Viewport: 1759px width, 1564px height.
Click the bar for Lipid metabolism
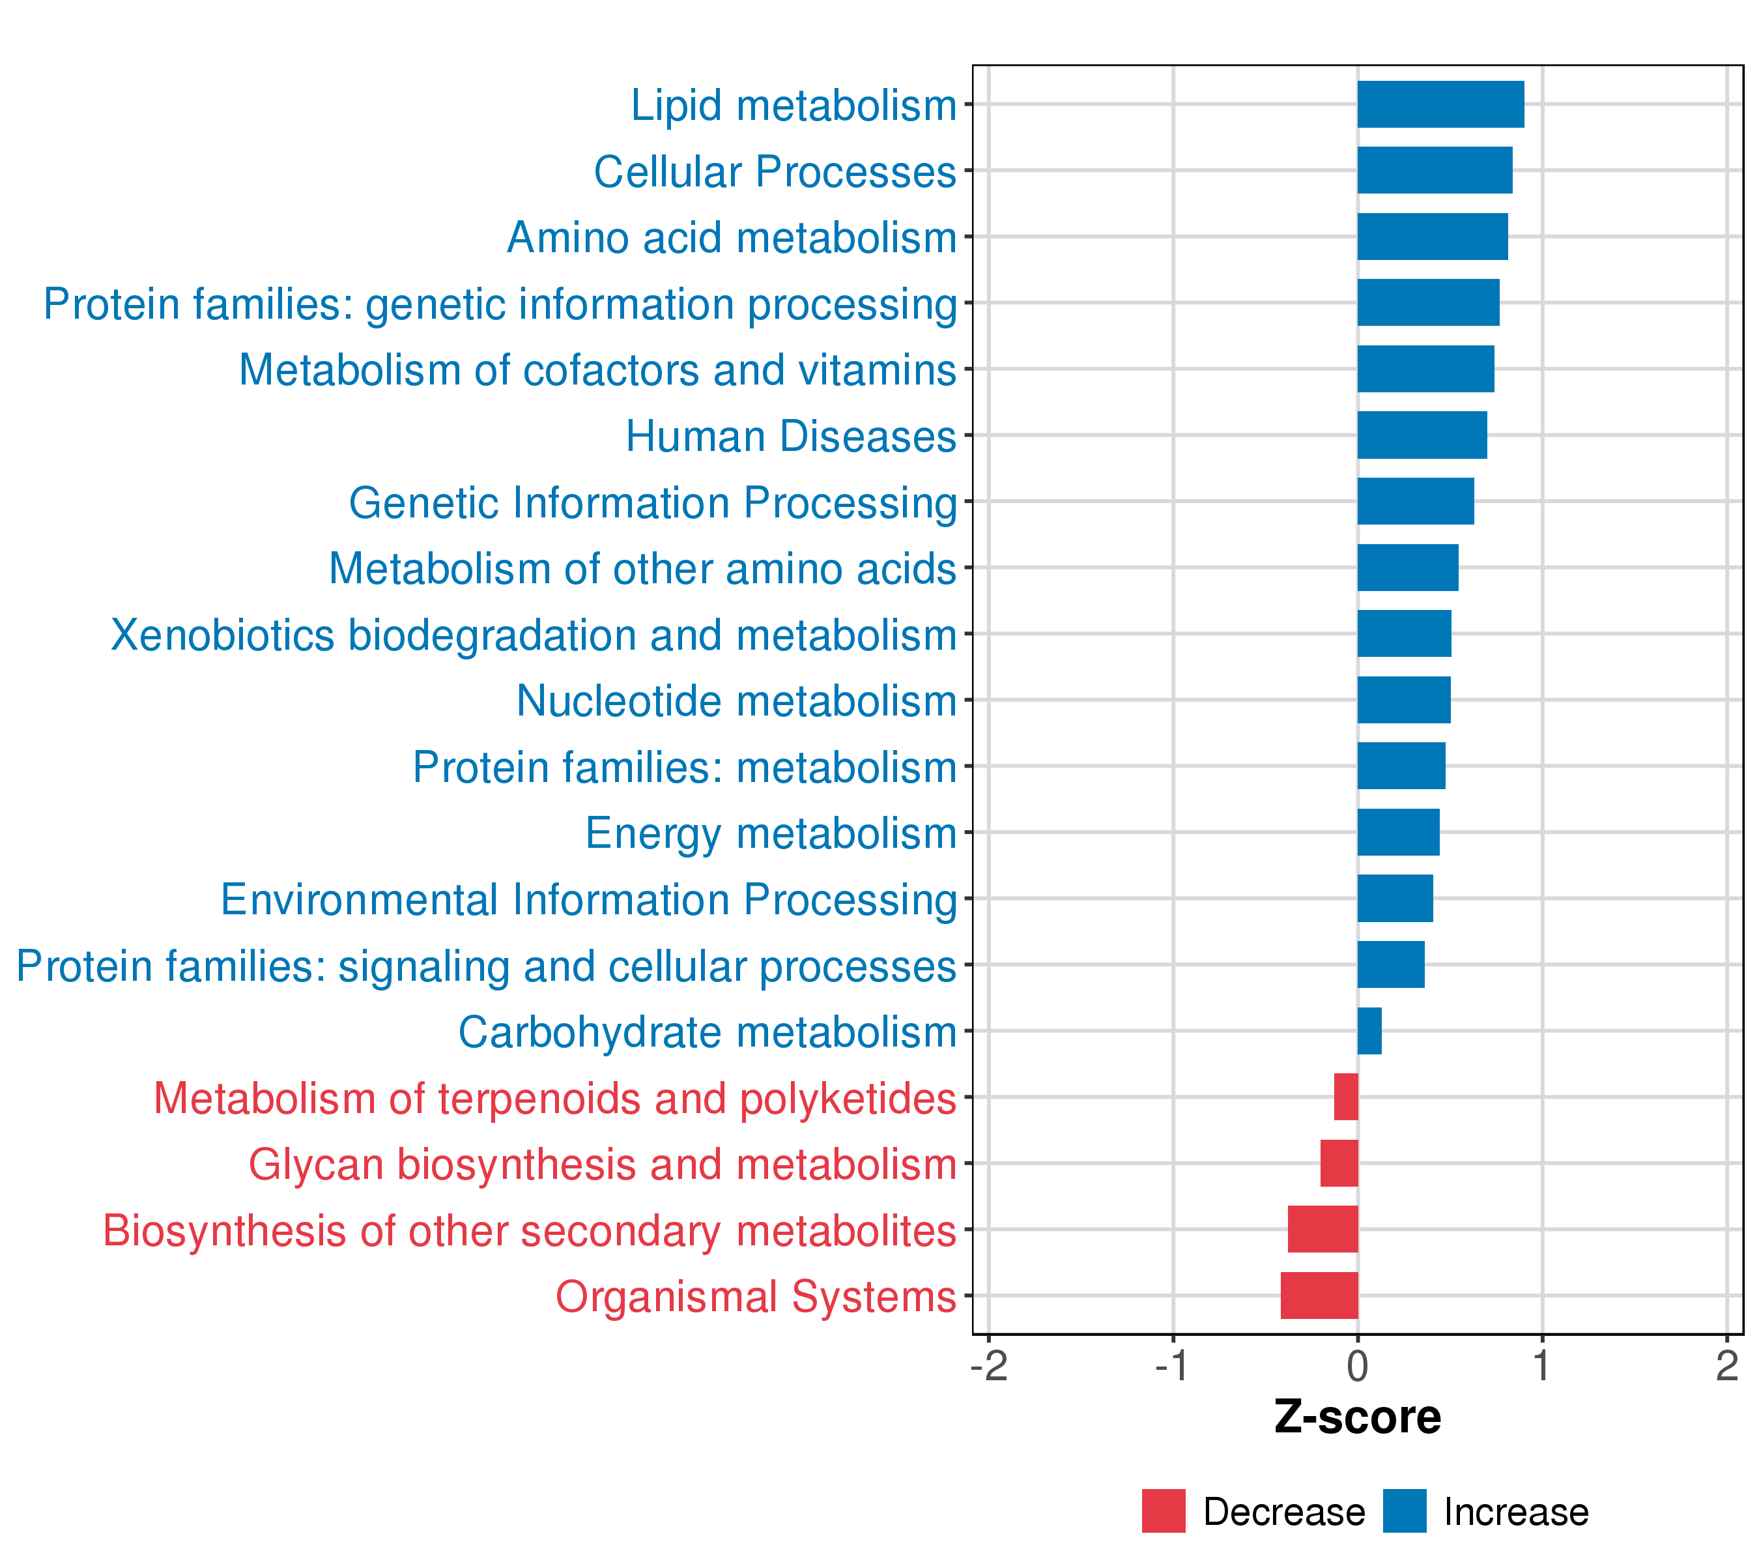pos(1440,104)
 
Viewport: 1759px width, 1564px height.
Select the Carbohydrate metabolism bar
pos(1369,1031)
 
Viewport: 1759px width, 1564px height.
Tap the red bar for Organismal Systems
pos(1319,1296)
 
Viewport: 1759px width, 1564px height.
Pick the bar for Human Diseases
pos(1422,435)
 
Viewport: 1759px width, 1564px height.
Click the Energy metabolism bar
pos(1399,832)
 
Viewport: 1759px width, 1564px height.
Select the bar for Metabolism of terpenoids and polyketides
pos(1346,1097)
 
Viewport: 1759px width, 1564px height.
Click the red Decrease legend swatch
pos(1164,1511)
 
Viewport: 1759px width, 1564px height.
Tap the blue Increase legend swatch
pos(1405,1511)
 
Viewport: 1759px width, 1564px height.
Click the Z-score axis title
pos(1357,1417)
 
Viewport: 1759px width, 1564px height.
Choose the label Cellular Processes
pos(775,171)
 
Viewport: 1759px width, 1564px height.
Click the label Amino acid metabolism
pos(732,238)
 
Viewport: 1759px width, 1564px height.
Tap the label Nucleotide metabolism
pos(736,701)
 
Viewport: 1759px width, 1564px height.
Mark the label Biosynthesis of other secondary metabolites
pos(529,1231)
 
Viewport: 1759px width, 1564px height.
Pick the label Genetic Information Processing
pos(652,502)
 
